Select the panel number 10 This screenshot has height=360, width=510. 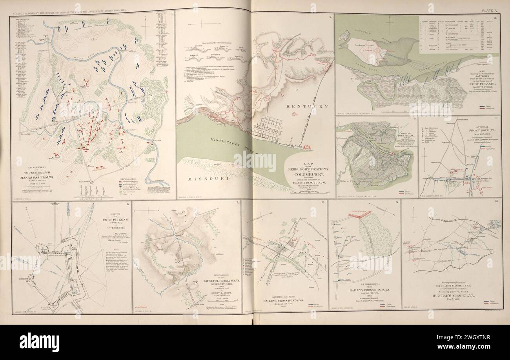pyautogui.click(x=497, y=201)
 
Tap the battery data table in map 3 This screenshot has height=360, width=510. pyautogui.click(x=457, y=34)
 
